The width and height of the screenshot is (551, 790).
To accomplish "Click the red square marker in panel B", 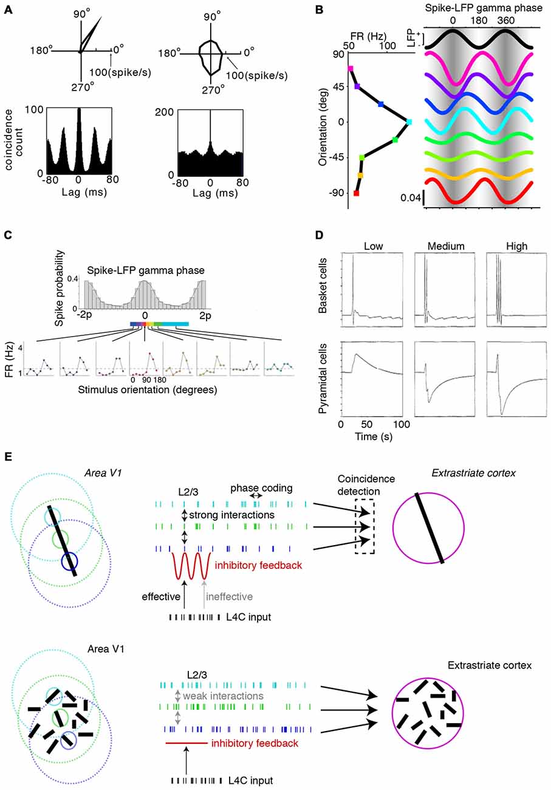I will pyautogui.click(x=357, y=193).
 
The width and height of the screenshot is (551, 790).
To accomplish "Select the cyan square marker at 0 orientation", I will pyautogui.click(x=409, y=122).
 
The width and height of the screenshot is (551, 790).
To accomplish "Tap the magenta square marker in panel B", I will pyautogui.click(x=351, y=69).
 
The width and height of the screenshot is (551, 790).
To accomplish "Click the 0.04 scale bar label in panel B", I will pyautogui.click(x=411, y=197).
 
